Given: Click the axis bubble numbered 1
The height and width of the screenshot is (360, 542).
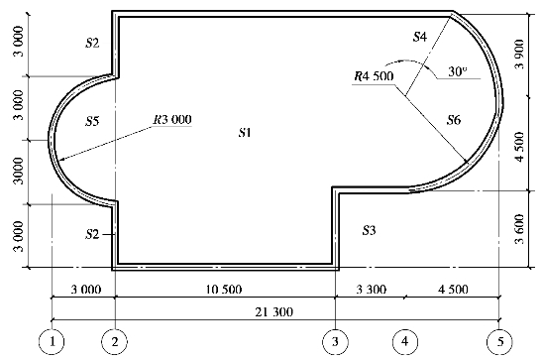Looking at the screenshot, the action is tap(52, 342).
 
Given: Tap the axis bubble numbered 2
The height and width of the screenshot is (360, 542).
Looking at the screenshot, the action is tap(114, 342).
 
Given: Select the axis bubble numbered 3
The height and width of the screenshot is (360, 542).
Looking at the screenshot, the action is tap(335, 342).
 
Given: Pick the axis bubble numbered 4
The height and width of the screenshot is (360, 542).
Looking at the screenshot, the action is tap(405, 342).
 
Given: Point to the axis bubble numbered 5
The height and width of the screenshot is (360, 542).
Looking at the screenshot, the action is tap(499, 342).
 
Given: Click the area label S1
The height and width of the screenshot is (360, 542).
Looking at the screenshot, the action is tap(245, 132).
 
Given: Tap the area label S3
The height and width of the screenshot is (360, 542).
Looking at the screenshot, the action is tap(369, 230).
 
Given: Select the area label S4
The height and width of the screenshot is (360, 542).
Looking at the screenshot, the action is tap(420, 37).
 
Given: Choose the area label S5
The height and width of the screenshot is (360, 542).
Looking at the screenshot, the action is tap(92, 121).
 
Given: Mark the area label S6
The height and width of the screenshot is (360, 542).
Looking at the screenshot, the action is tap(454, 120).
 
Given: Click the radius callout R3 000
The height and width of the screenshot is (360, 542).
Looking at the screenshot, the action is tap(172, 120).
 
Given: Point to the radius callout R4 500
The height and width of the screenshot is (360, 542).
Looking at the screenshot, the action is tap(374, 76).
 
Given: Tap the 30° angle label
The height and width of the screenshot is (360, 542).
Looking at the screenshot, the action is tap(458, 71).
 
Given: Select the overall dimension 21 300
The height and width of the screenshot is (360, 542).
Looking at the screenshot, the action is tap(274, 312).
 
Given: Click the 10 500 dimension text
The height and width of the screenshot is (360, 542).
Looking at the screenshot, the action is tap(224, 289).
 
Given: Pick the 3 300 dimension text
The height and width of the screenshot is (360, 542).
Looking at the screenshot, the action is tap(372, 289).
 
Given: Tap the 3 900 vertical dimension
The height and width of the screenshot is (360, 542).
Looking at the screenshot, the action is tap(519, 55).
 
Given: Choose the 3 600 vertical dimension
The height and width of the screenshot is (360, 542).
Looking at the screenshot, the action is tap(519, 229).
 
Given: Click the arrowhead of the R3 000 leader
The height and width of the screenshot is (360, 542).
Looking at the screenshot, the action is tap(61, 160).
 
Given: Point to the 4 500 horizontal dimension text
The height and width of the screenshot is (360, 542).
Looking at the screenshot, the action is tap(453, 289).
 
